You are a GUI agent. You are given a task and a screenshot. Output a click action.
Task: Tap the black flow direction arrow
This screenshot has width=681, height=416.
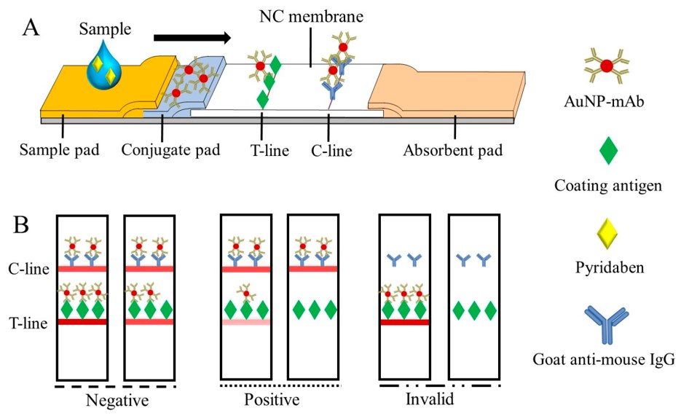click(x=193, y=36)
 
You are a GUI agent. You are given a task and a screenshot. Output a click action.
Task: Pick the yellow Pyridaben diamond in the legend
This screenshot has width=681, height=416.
click(x=606, y=235)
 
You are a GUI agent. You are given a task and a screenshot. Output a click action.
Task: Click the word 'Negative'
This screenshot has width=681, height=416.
click(x=116, y=400)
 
